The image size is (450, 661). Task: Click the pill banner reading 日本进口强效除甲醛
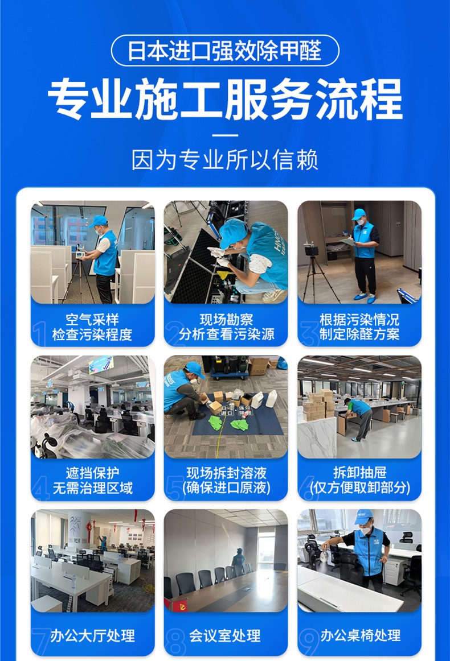(225, 51)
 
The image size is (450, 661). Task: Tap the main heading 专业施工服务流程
(225, 100)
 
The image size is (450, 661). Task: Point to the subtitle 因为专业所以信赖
(225, 160)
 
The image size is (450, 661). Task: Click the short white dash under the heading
(225, 135)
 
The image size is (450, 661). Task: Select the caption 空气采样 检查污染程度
(92, 327)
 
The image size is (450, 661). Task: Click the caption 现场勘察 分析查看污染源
(226, 327)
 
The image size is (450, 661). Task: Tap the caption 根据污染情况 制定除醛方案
(359, 327)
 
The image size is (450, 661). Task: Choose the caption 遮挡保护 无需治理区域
(92, 480)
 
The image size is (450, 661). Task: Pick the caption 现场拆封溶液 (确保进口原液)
(226, 480)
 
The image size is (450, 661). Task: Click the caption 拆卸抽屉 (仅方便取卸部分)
(359, 480)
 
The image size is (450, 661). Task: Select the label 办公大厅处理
(92, 635)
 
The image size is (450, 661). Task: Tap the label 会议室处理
(224, 635)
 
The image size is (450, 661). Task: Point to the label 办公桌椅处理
(361, 635)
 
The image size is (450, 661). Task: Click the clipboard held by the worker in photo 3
(348, 242)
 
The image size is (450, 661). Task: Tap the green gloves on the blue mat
(229, 423)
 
